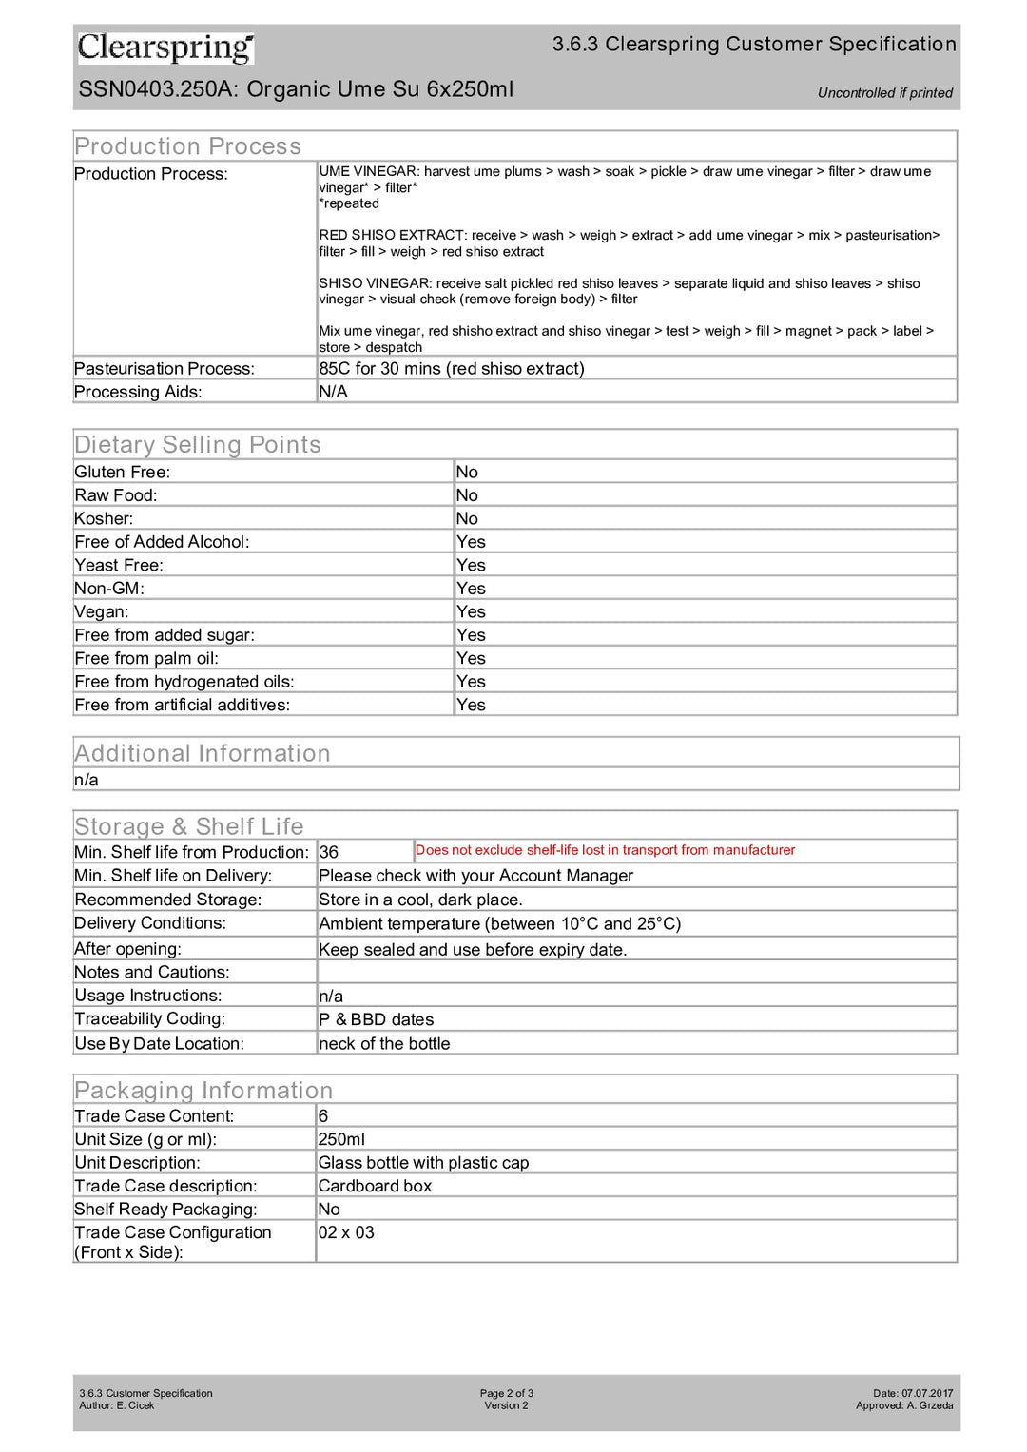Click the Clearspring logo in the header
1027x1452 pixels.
pos(165,47)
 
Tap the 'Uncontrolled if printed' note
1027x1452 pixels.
pos(884,93)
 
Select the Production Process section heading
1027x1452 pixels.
pos(187,146)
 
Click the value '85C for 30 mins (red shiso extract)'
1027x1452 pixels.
pos(452,369)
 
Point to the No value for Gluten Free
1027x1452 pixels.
pos(467,473)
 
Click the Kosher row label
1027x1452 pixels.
pos(104,519)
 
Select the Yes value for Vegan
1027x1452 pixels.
pos(471,612)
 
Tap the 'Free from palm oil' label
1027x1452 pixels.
pos(146,659)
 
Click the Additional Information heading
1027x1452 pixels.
pos(203,753)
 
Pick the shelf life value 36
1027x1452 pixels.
pos(329,853)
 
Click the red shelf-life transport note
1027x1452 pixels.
pos(605,850)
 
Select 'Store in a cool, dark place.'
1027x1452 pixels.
pos(420,900)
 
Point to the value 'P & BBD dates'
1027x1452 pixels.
pos(377,1019)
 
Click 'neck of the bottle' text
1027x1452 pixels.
pos(384,1044)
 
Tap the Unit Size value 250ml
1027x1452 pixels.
pos(341,1139)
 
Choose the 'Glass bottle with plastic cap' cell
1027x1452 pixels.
pos(423,1163)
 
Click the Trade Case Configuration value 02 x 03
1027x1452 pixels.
pos(346,1232)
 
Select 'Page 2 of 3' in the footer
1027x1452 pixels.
pos(506,1393)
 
